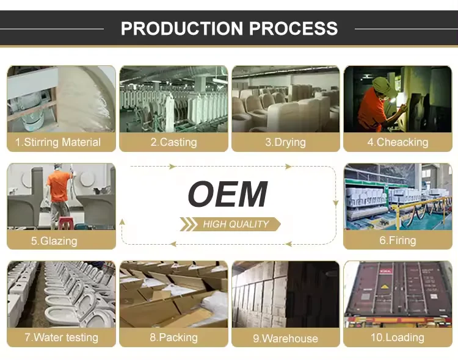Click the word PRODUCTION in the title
coord(180,28)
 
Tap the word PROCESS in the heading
coord(291,28)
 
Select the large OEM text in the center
coord(228,195)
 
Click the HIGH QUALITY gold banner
coord(231,225)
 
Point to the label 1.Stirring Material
coord(61,142)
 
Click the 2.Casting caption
coord(173,142)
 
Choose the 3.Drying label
coord(286,142)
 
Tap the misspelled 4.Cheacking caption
coord(398,142)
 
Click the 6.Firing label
coord(398,240)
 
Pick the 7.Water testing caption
coord(61,337)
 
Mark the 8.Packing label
coord(173,337)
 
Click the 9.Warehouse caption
coord(286,337)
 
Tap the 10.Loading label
coord(398,337)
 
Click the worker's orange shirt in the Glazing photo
coord(60,186)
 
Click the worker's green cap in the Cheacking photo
coord(380,84)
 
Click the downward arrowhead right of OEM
coord(335,203)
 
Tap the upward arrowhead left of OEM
coord(122,223)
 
